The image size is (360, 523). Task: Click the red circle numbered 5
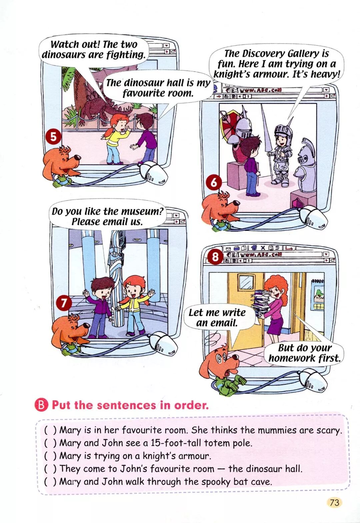point(54,137)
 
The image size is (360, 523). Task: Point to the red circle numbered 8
point(215,257)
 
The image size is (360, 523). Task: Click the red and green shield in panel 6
point(228,124)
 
